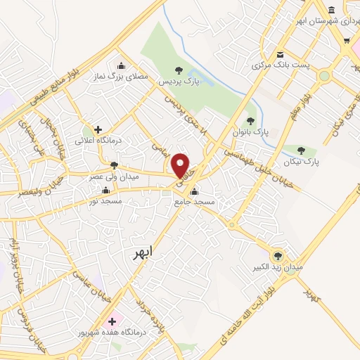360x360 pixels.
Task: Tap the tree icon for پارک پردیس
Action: click(178, 70)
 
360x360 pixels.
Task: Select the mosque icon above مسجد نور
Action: click(105, 190)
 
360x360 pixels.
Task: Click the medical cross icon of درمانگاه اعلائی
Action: click(98, 129)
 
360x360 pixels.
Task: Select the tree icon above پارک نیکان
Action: click(302, 150)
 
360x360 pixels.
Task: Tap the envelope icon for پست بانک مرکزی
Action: click(280, 55)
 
